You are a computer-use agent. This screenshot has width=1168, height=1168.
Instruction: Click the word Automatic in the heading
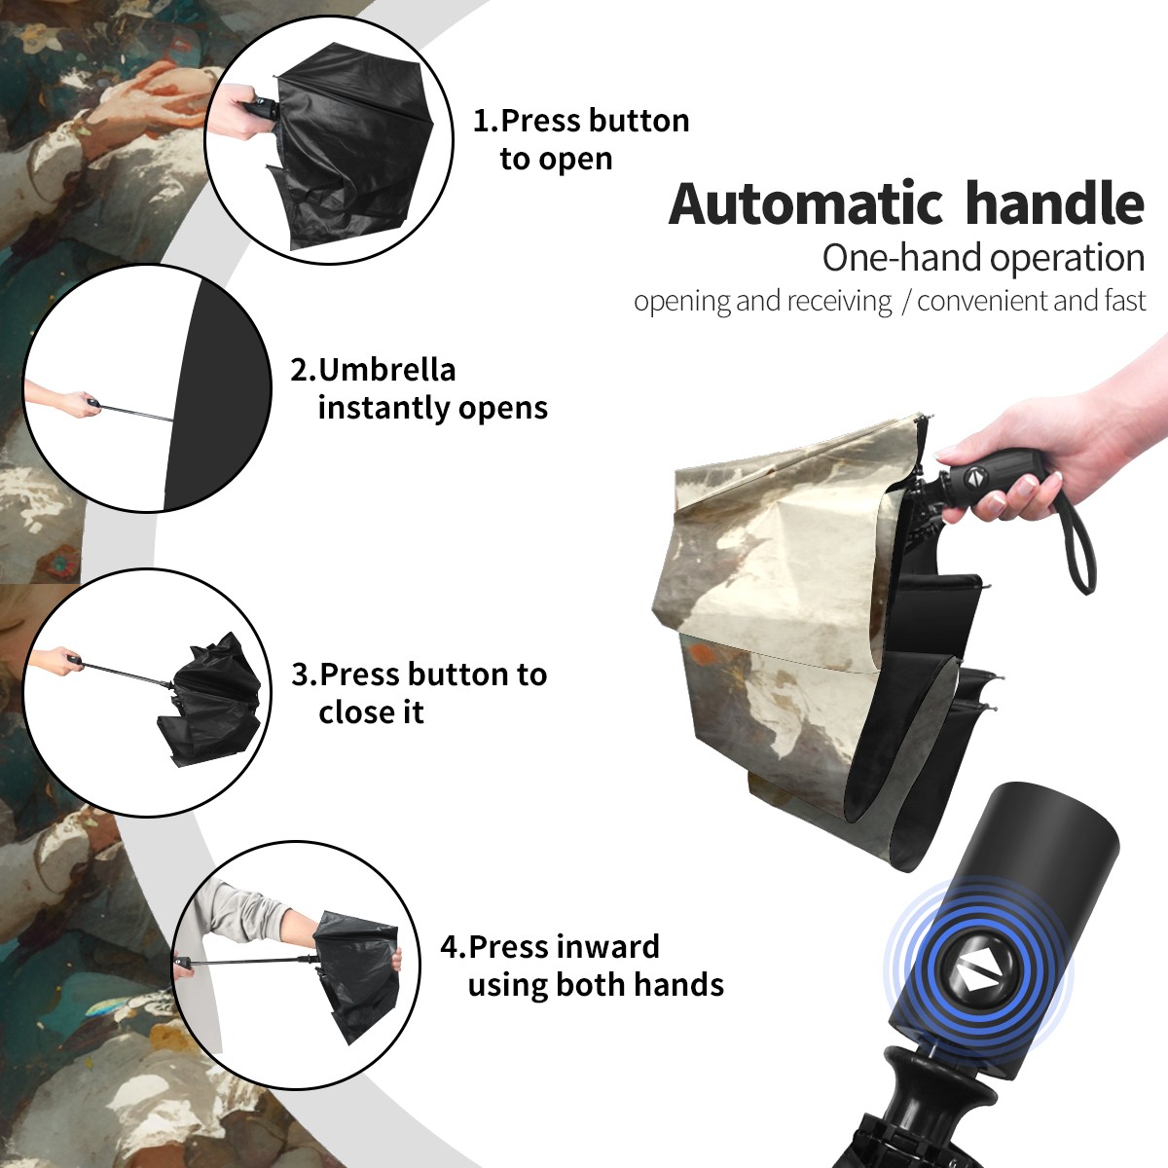[806, 203]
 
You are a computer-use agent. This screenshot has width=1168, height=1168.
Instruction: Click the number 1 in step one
[482, 121]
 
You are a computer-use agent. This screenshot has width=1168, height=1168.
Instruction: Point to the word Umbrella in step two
[386, 370]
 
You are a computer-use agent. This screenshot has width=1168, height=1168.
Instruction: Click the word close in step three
[351, 712]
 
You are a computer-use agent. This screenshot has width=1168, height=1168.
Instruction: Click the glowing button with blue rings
[977, 976]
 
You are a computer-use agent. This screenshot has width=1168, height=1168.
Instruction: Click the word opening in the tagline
[682, 302]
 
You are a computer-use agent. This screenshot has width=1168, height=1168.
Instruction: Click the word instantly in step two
[384, 409]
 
